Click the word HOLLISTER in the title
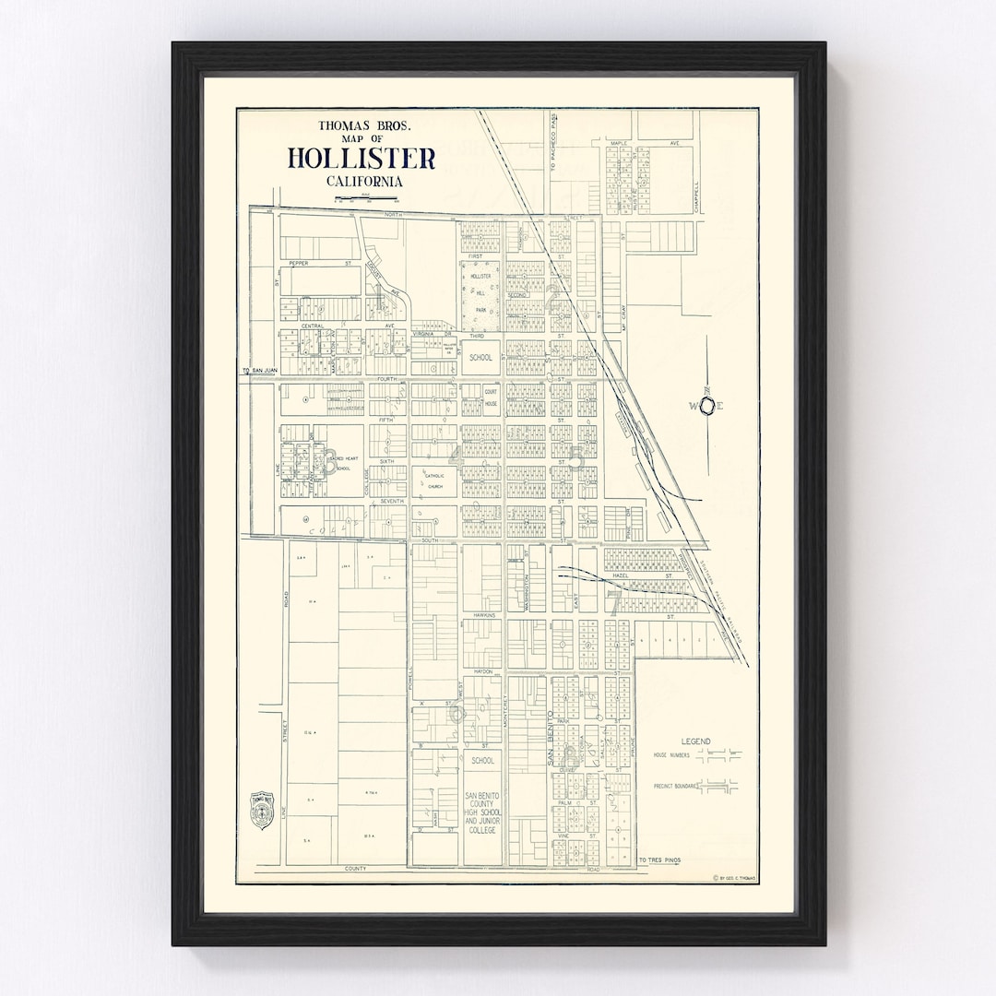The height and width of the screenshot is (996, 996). point(362,159)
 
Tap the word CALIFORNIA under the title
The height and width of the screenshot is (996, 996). point(364,182)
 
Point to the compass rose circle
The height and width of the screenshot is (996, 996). point(707,405)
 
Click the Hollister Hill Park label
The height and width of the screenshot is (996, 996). point(480,293)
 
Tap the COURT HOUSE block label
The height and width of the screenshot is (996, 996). point(491,397)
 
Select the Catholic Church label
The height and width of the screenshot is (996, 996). point(434,480)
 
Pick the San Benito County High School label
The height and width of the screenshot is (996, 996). point(481,812)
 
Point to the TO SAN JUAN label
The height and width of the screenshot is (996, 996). point(259,372)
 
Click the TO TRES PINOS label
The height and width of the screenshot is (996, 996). point(660,860)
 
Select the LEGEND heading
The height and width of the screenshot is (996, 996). point(695,741)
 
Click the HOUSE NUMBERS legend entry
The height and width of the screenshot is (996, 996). point(673,754)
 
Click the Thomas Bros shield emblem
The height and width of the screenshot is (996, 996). point(263,810)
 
